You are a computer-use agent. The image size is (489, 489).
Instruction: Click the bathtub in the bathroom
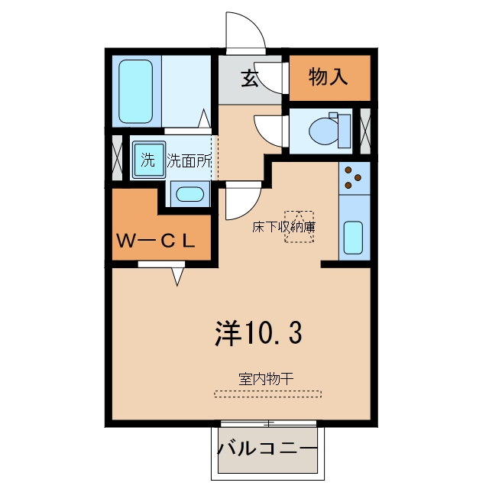tap(136, 92)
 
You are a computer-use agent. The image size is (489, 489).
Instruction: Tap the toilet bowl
tap(324, 131)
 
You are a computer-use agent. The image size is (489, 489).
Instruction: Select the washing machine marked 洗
tap(149, 160)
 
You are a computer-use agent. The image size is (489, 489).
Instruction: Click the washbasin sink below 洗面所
tap(189, 194)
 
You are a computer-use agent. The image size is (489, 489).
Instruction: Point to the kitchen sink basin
tap(353, 238)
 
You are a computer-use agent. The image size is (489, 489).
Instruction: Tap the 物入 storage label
tap(328, 76)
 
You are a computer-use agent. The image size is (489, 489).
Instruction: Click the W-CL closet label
tap(156, 241)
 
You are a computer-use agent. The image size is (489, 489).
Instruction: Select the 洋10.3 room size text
tap(258, 333)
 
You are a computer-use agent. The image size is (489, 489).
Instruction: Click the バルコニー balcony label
tap(267, 449)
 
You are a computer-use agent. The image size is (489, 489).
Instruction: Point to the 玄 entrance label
tap(250, 78)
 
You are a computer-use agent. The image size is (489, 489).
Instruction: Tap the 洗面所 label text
tap(189, 160)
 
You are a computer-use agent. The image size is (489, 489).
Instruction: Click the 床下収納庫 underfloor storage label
tap(283, 227)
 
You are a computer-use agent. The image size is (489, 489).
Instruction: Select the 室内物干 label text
tap(266, 379)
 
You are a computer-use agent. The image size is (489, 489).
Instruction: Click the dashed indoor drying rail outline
tap(267, 394)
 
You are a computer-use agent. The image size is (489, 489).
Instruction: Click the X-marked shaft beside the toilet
tap(365, 131)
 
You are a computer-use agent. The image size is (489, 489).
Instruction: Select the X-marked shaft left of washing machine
tap(117, 158)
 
